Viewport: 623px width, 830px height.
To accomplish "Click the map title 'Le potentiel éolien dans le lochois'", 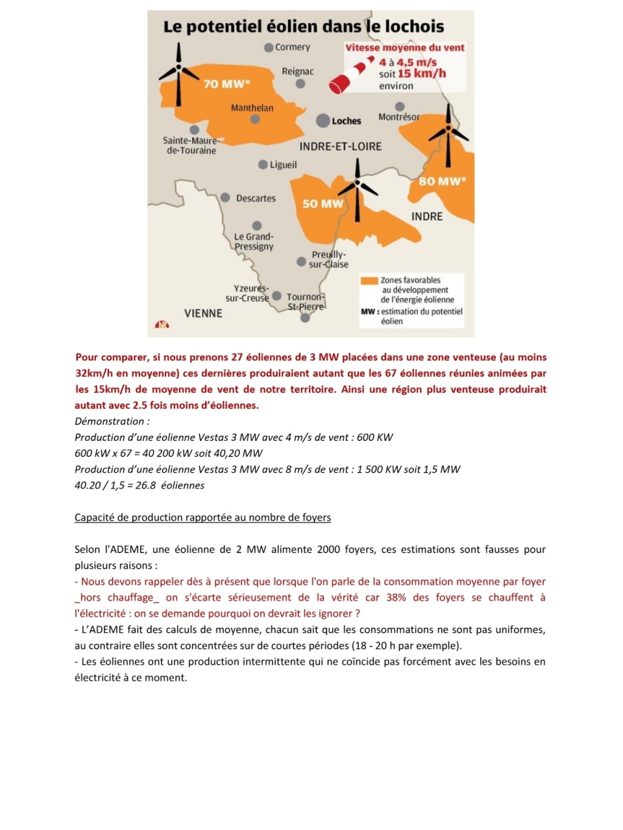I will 303,27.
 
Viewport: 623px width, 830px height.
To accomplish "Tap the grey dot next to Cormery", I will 269,47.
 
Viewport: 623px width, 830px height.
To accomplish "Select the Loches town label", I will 346,121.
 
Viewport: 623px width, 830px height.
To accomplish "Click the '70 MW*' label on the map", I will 226,84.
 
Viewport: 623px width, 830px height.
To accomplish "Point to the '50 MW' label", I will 323,204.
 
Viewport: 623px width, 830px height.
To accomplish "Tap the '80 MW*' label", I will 442,181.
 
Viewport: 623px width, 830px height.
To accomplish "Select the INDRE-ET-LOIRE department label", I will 340,147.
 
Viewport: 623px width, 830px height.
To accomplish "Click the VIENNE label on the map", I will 203,313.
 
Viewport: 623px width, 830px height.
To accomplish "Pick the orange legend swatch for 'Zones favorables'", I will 369,281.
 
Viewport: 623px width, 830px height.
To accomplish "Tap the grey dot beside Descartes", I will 225,198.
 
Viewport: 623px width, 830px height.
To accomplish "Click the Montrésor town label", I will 398,117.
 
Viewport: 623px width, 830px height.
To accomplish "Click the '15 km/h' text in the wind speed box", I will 422,74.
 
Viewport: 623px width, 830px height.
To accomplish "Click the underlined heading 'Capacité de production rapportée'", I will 202,517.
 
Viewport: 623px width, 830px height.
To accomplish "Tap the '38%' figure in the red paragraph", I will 396,597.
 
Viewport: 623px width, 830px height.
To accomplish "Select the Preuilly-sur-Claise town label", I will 328,259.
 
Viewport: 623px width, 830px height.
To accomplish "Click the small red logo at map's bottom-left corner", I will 161,324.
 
